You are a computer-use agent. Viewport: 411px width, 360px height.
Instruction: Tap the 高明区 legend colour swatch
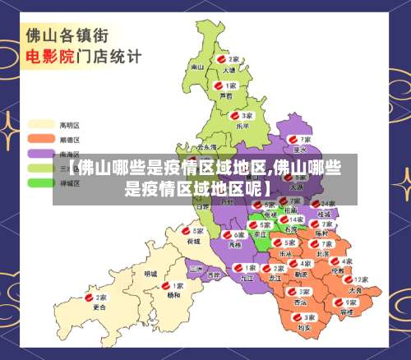click(x=41, y=125)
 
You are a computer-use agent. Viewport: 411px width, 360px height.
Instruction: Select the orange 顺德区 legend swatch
click(x=41, y=140)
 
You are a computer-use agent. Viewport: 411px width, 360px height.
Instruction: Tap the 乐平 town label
click(x=242, y=126)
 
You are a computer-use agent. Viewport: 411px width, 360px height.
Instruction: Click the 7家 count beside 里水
click(x=306, y=140)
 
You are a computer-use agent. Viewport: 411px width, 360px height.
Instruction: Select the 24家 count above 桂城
click(x=328, y=203)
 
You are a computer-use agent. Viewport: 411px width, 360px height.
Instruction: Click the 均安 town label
click(x=305, y=328)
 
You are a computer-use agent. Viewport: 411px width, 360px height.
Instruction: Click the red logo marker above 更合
click(x=91, y=298)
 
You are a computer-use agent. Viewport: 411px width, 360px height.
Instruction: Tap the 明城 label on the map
click(x=150, y=273)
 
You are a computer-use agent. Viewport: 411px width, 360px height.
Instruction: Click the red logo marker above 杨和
click(x=165, y=285)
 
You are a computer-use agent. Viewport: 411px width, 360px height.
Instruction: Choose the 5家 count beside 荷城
click(x=198, y=231)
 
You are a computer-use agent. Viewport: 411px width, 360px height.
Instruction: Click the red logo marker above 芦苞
click(x=218, y=85)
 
